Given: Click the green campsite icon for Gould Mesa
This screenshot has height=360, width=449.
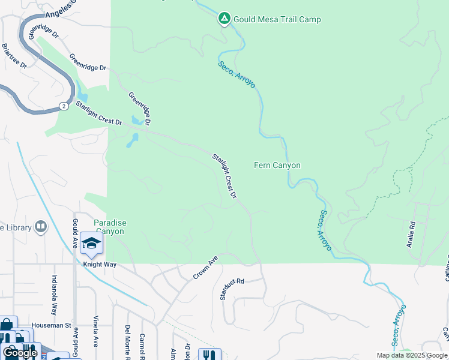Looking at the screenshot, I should (224, 19).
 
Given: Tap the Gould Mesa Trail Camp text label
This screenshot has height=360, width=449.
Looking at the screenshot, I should (277, 20).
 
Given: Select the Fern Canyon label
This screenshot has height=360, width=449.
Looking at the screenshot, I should (277, 166).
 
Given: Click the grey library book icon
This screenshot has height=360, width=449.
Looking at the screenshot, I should (41, 226).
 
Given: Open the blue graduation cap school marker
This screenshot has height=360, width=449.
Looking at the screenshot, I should (91, 243).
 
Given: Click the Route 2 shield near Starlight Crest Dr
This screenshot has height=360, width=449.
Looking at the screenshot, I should (63, 106).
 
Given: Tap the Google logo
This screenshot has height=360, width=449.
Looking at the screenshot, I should (20, 353).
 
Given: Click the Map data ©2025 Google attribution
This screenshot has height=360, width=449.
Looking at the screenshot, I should (412, 355).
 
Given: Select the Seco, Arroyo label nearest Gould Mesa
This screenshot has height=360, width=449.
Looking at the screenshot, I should (237, 74).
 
